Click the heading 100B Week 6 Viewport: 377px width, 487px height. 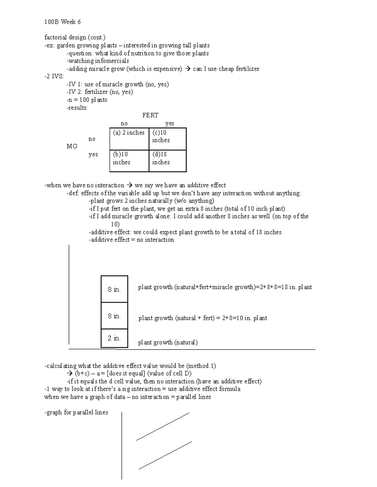63,22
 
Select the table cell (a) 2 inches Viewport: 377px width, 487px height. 129,139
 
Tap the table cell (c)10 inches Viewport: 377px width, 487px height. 167,139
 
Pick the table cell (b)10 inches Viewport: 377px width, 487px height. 129,161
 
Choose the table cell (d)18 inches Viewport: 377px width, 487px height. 167,161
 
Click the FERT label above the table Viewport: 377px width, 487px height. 150,115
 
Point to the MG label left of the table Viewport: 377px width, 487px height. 72,146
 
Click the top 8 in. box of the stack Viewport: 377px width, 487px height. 114,289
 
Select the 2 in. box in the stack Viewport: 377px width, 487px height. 114,338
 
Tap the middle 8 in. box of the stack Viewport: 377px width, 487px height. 114,316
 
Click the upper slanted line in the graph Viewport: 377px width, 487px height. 163,427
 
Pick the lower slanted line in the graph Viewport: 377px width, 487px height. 165,455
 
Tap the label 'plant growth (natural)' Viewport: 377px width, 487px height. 168,342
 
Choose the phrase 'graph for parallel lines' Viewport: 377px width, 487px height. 77,412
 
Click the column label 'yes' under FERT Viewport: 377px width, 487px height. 170,124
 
